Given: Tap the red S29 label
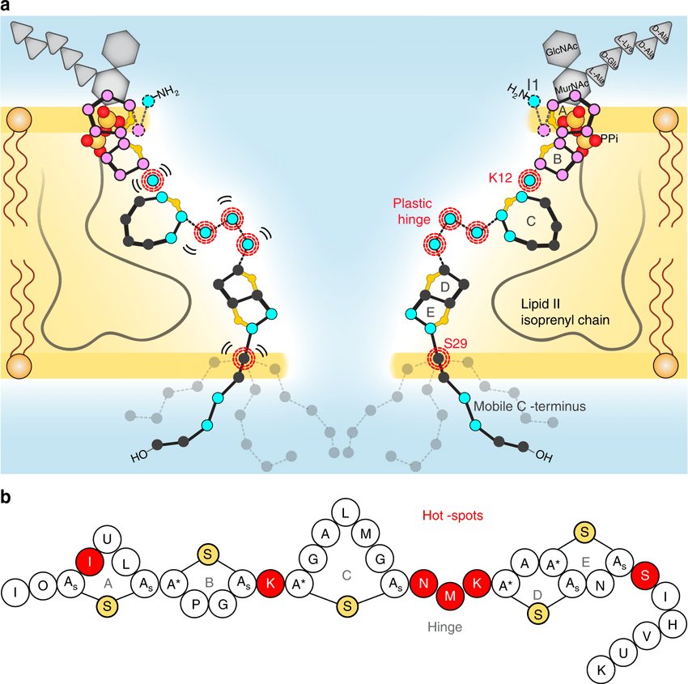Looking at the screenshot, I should tap(461, 343).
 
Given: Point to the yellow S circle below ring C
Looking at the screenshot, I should tap(346, 605).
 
